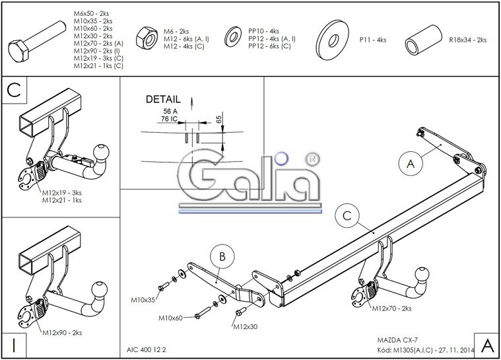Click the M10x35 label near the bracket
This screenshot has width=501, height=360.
point(143,300)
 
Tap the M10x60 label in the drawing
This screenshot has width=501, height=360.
point(170,318)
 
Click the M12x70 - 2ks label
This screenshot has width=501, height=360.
point(391,308)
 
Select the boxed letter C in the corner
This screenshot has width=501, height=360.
point(15,90)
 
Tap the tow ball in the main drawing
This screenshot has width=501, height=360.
point(423,274)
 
